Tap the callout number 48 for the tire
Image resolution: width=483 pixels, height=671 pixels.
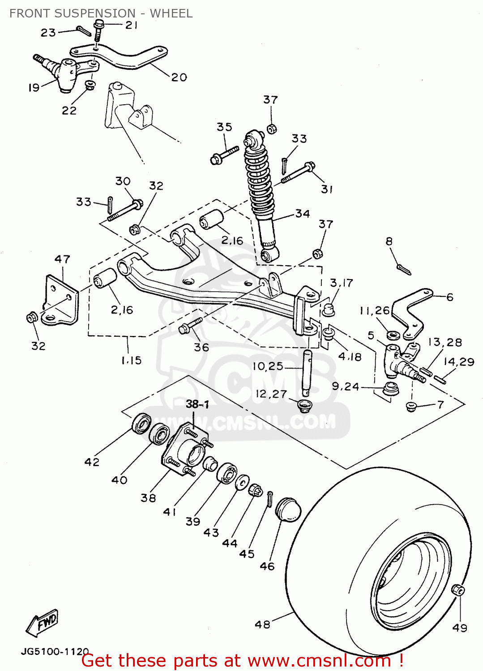click(x=263, y=624)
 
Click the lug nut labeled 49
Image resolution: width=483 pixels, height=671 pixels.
click(x=457, y=590)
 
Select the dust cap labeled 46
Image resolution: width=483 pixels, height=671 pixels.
click(x=287, y=509)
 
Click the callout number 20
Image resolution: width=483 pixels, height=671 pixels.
click(x=179, y=77)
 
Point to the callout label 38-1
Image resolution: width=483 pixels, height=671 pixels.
click(x=197, y=404)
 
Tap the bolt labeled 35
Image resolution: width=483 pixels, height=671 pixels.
click(x=224, y=154)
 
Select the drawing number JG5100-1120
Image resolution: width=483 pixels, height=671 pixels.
click(x=55, y=651)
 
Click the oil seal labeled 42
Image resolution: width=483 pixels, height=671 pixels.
click(x=141, y=423)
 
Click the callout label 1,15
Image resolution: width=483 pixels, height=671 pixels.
click(x=131, y=360)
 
